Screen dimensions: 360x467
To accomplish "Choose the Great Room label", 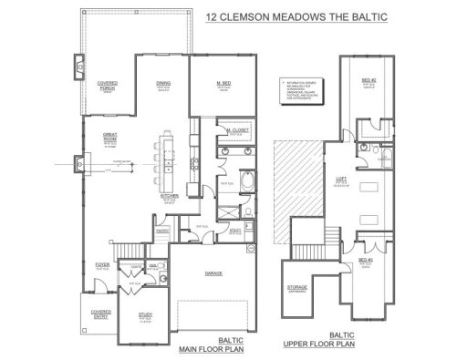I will point(109,138).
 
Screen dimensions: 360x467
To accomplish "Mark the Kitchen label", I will point(169,195).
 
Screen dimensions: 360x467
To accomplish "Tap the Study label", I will point(146,316).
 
